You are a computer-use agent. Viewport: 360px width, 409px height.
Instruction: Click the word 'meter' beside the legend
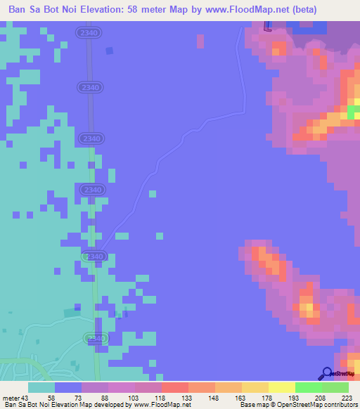[11, 397]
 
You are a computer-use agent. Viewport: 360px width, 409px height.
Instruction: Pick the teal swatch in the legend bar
[41, 387]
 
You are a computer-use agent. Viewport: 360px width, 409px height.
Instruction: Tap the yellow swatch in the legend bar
[282, 387]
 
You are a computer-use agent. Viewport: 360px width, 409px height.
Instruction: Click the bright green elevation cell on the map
[352, 111]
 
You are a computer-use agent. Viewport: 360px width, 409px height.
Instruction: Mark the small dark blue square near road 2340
[109, 51]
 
